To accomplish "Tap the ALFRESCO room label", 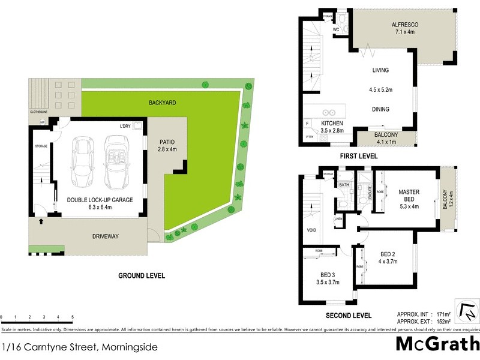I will click(404, 25).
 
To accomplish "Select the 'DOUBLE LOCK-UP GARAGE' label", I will click(100, 199).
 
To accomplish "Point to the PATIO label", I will click(167, 142).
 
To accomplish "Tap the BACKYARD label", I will click(162, 103).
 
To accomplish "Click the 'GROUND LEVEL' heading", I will click(142, 276).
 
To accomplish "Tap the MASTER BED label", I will click(409, 196).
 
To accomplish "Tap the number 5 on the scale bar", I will click(73, 316).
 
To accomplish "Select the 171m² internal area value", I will click(439, 314).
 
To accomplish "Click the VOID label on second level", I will click(311, 230).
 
